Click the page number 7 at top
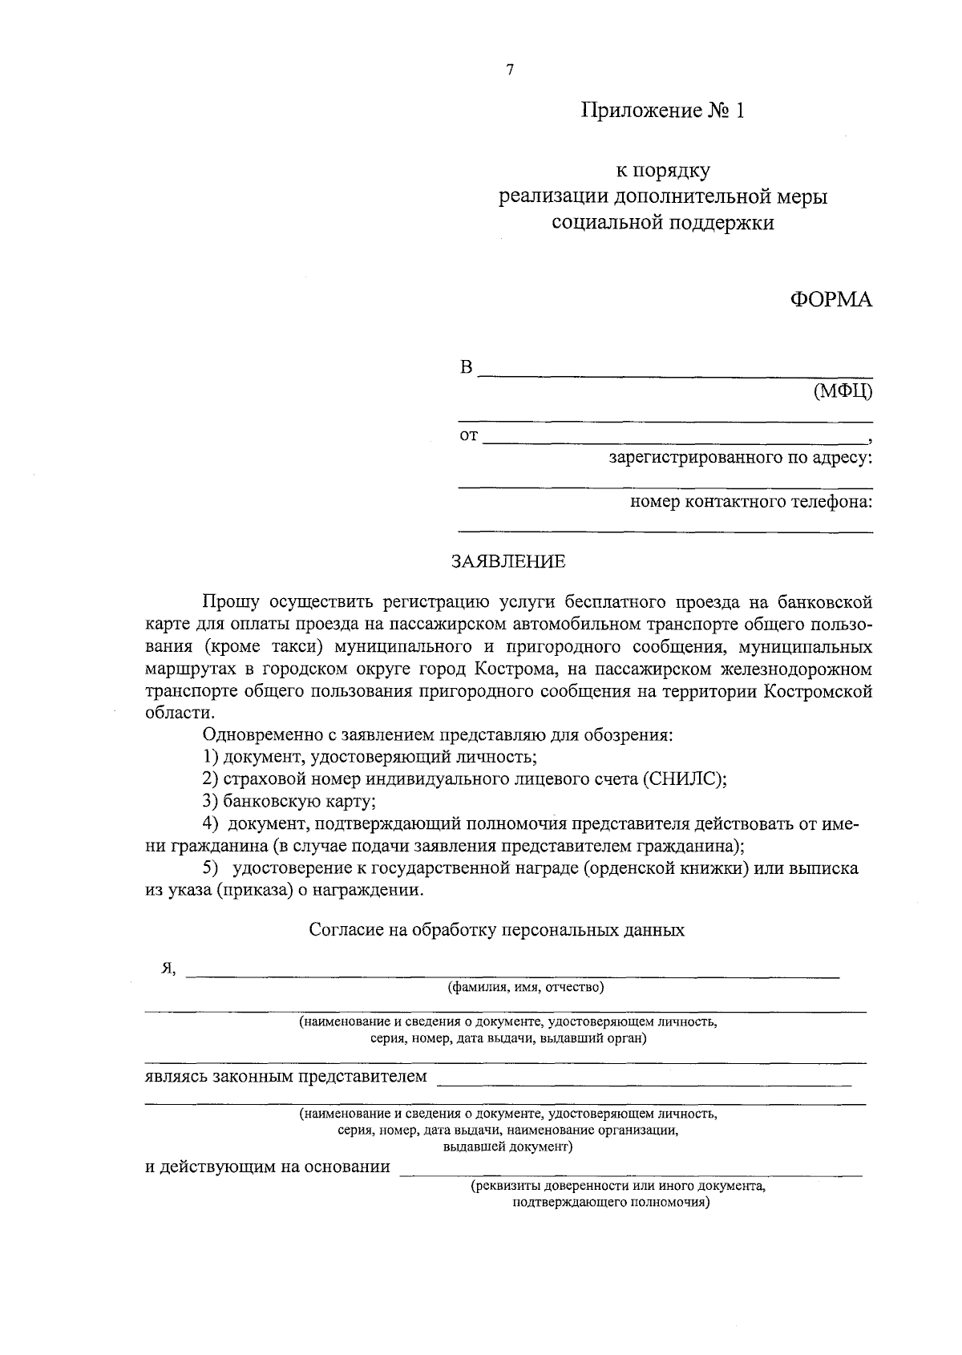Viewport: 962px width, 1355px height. click(510, 70)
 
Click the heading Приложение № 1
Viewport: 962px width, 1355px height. click(663, 111)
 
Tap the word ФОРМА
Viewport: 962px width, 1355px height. click(831, 299)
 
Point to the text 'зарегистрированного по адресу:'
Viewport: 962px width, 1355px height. click(740, 459)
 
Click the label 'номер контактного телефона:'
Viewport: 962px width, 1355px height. click(751, 502)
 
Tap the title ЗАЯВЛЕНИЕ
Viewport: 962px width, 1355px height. click(508, 561)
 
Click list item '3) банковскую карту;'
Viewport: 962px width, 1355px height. click(289, 800)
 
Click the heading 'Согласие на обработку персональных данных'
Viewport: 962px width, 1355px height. click(497, 930)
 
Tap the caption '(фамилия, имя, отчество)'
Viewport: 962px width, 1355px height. click(526, 987)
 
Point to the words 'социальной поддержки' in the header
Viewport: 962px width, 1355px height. click(663, 223)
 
